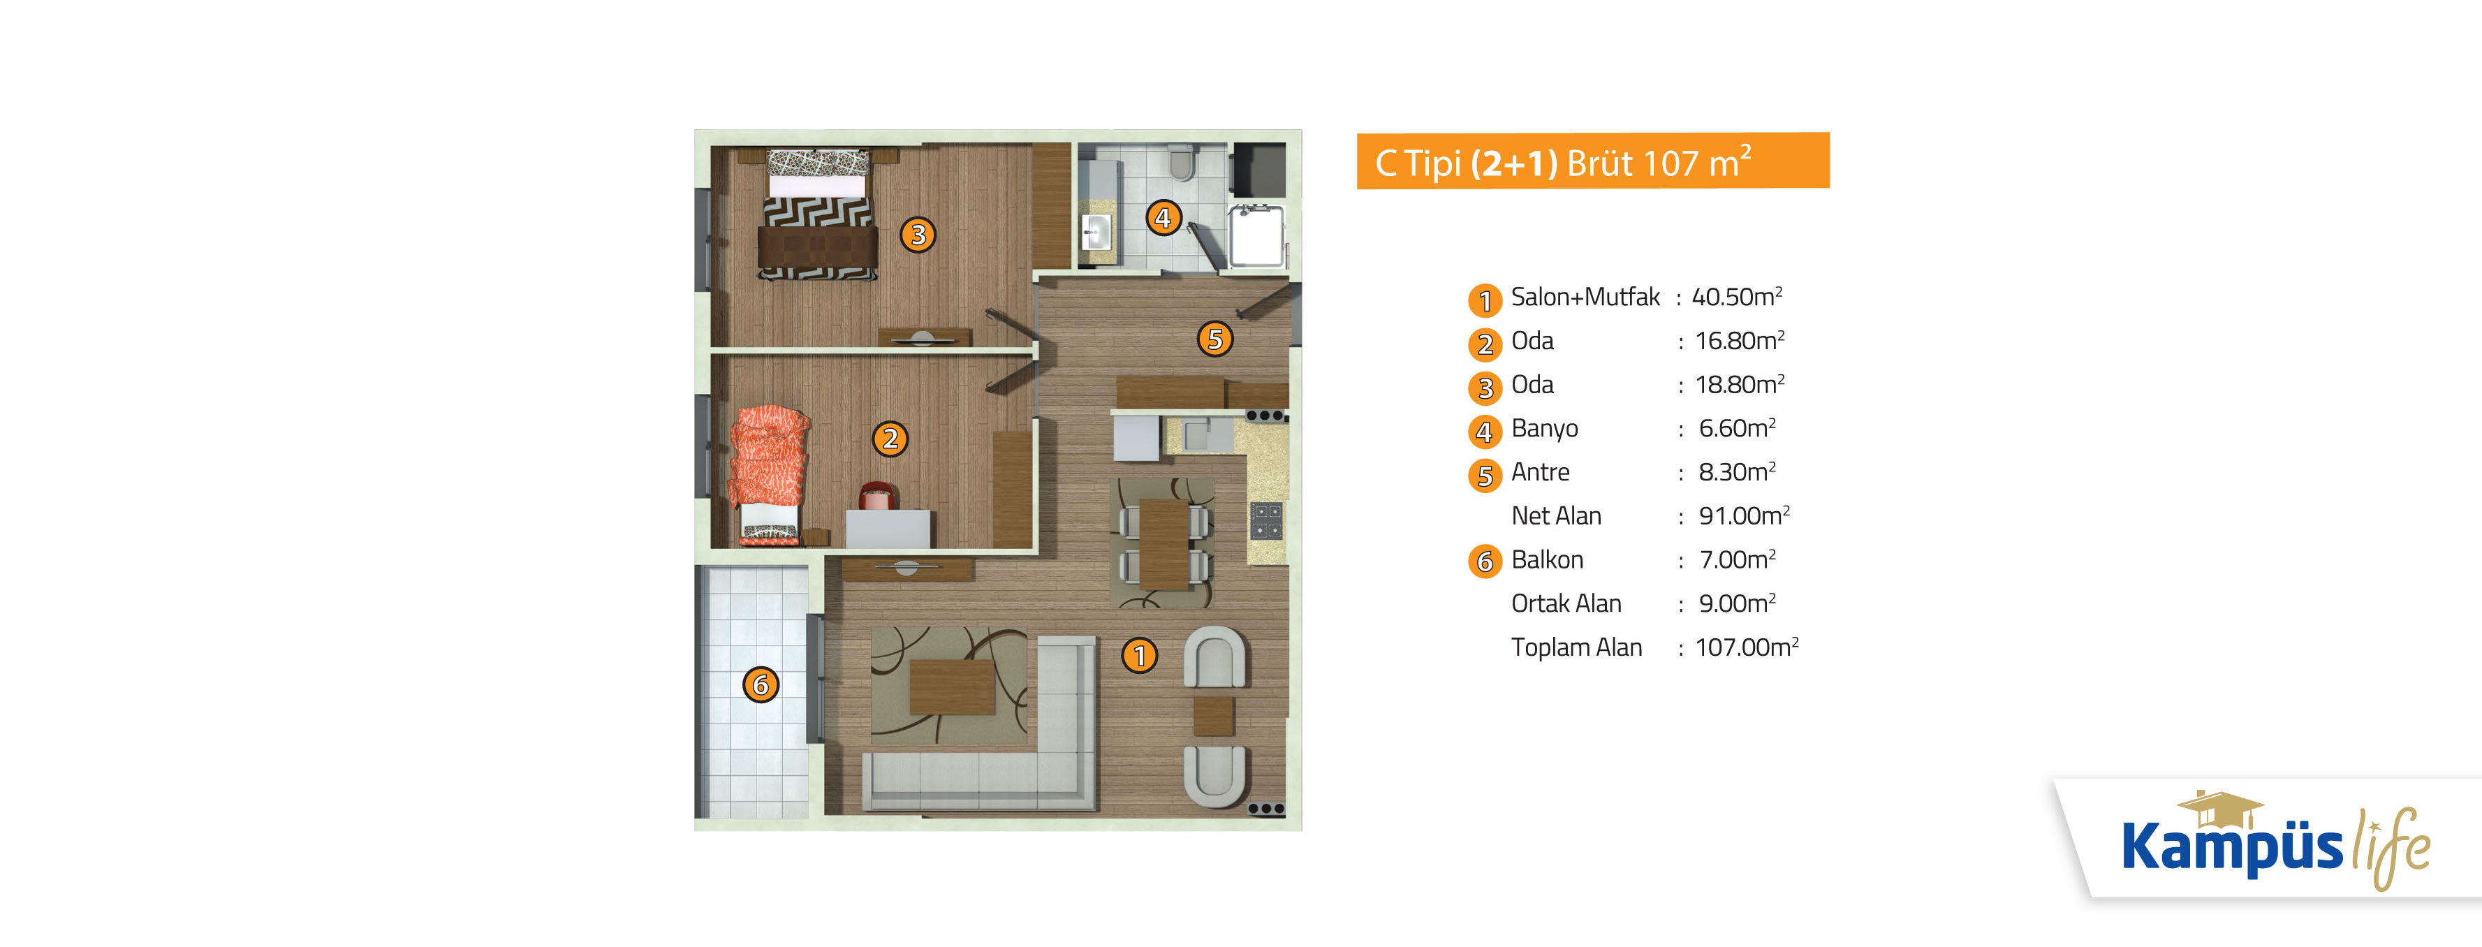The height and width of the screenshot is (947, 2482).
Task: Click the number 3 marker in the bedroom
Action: (x=917, y=234)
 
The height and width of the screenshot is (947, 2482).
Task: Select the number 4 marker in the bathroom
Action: (x=1163, y=218)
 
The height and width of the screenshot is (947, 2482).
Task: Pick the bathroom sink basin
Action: (x=1096, y=232)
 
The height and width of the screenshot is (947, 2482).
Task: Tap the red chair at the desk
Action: (x=876, y=495)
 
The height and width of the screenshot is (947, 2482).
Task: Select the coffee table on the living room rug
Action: (x=952, y=686)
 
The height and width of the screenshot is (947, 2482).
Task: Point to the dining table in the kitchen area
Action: (x=1164, y=543)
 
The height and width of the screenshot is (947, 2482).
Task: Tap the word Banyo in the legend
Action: (x=1545, y=429)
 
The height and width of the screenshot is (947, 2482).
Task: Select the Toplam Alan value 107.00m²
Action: (x=1747, y=647)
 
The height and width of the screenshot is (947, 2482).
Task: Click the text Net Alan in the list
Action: (x=1556, y=515)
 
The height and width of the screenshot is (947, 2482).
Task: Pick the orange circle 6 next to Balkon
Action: (x=1485, y=561)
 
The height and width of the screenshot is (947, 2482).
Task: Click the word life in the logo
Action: (x=2391, y=846)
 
